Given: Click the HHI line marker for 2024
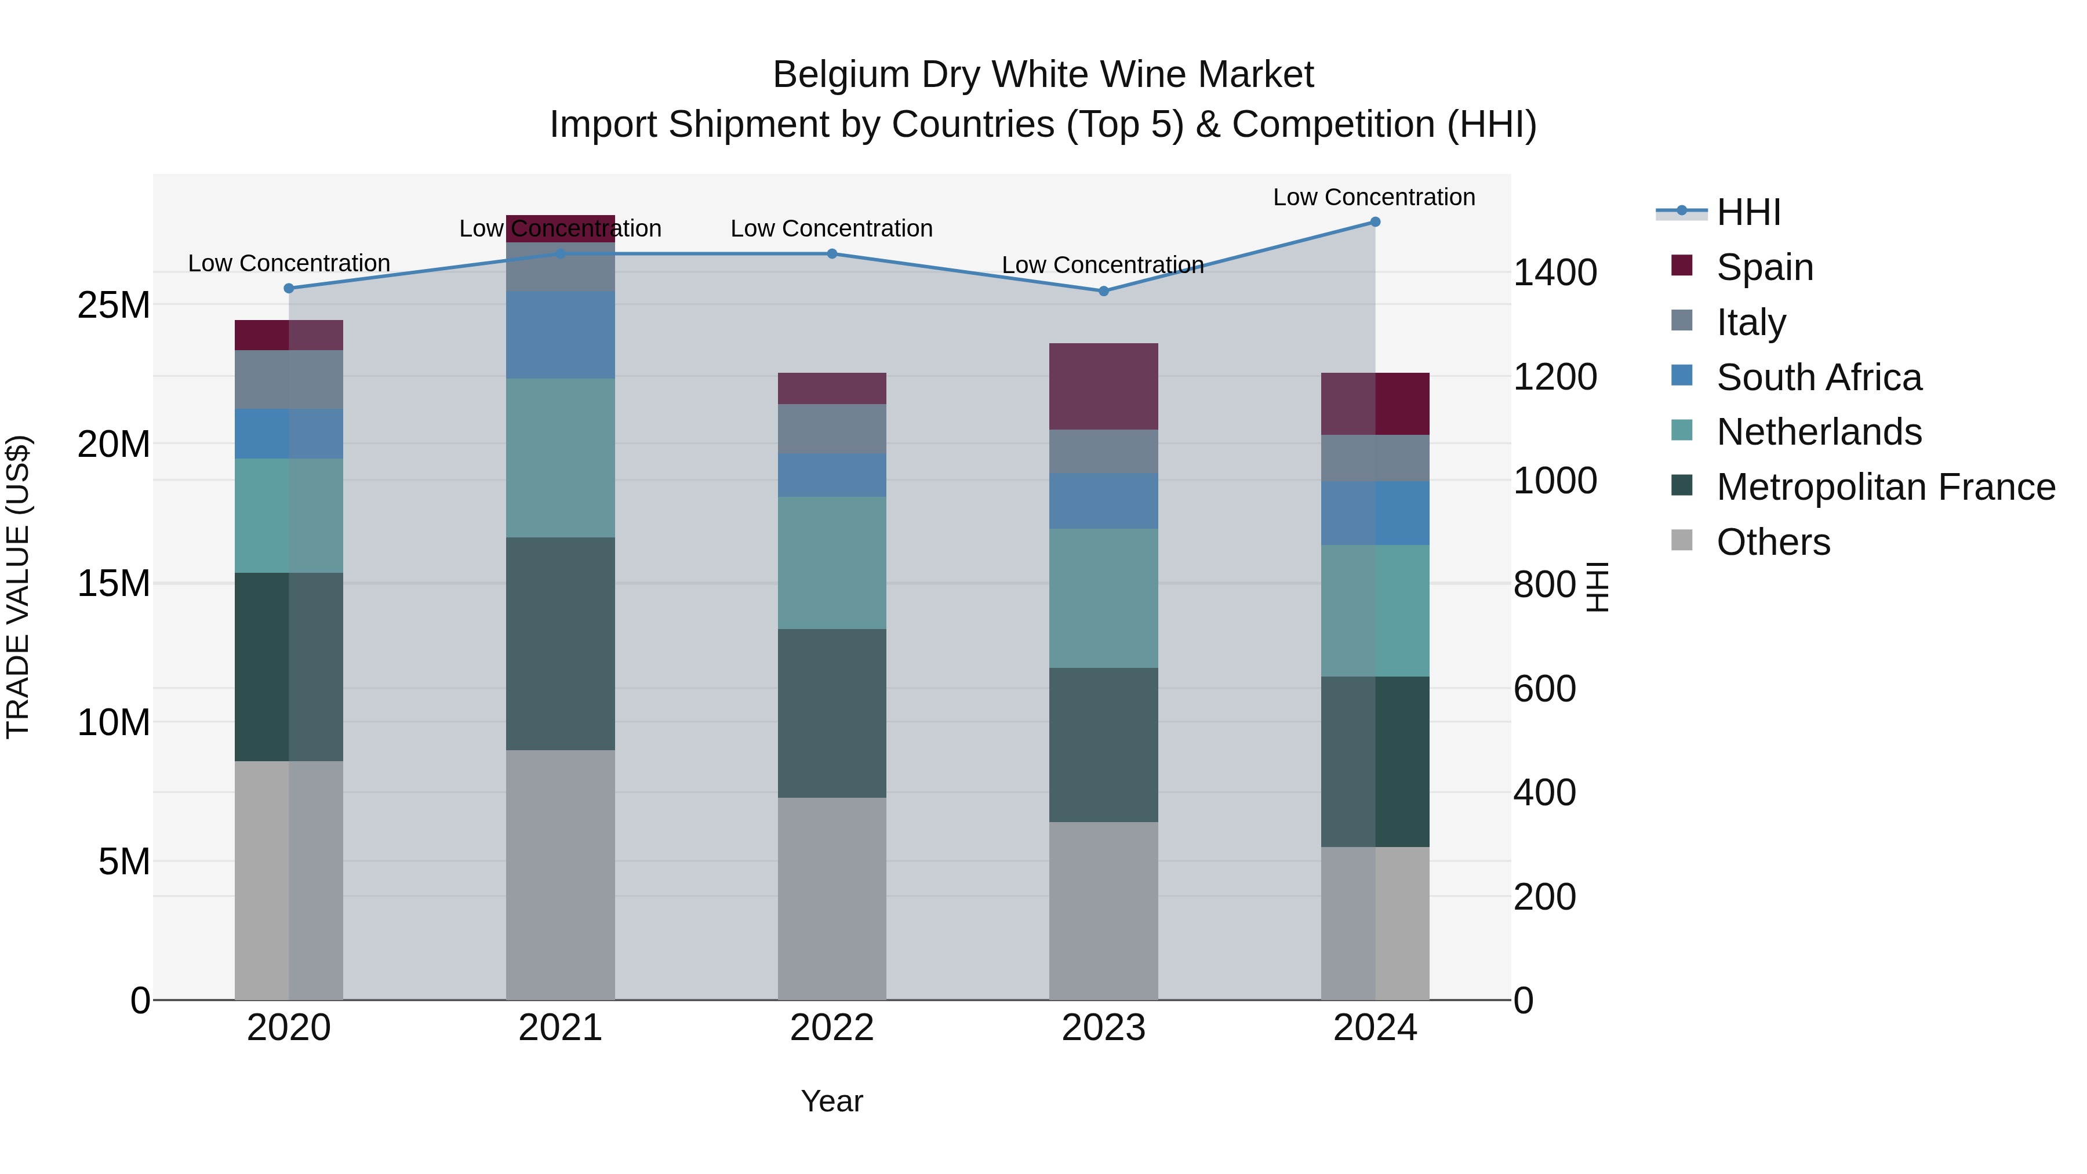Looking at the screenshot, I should tap(1375, 222).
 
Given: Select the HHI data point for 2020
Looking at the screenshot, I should tap(289, 289).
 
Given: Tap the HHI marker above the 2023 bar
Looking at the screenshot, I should tap(1103, 291).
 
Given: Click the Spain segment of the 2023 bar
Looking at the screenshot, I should tap(1103, 387).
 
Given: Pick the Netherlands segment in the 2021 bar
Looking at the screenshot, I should tap(561, 458).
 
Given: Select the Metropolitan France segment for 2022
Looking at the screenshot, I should tap(832, 713).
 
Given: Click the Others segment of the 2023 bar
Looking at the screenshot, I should tap(1103, 911).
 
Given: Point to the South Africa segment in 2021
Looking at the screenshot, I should tap(561, 335).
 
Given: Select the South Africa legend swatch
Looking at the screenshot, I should tap(1682, 376).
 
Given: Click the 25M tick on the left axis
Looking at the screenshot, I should tap(114, 306).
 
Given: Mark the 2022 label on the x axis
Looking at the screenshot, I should tap(832, 1028).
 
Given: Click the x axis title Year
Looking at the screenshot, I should tap(832, 1101).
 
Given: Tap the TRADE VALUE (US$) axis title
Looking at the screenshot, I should tap(19, 587).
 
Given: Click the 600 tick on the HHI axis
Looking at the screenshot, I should tap(1544, 689).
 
